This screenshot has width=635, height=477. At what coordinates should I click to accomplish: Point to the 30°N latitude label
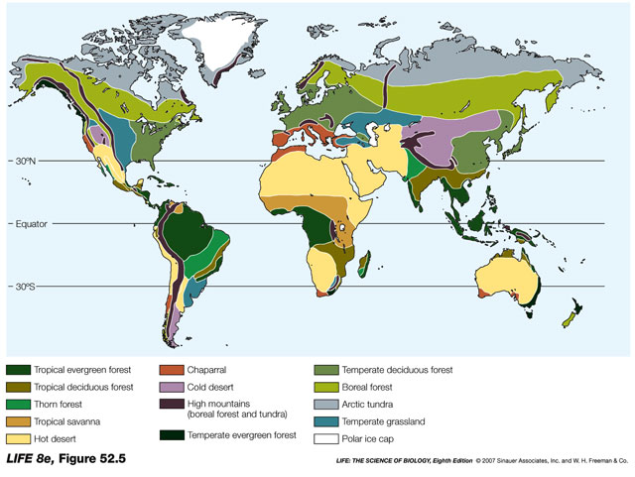[31, 162]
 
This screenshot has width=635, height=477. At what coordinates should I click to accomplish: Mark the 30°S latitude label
[31, 287]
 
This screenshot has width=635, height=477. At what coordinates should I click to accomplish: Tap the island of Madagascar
[366, 264]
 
